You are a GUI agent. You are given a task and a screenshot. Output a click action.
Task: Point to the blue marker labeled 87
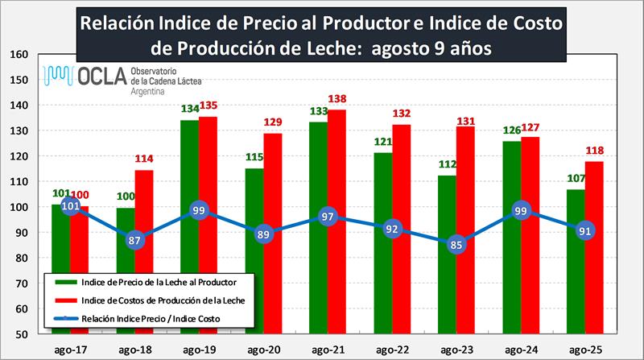point(135,240)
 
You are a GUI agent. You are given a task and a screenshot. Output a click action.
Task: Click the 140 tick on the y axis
point(20,106)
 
